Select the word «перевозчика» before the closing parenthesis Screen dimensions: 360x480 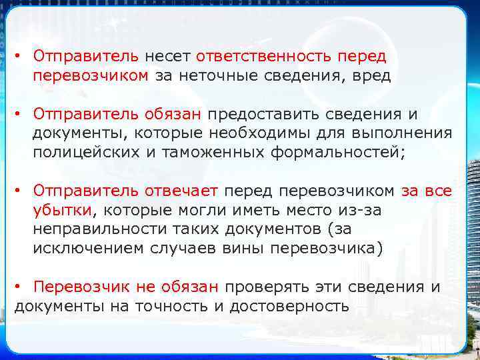(325, 249)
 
